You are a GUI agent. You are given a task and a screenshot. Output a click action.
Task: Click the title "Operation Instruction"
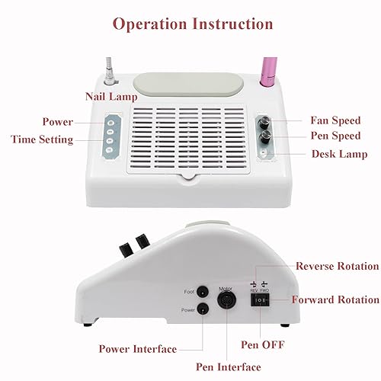[190, 23]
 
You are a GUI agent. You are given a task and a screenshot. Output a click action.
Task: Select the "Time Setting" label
[42, 139]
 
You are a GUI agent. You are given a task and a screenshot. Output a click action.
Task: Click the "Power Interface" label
[137, 349]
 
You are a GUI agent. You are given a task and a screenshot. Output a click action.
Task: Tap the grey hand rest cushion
[179, 82]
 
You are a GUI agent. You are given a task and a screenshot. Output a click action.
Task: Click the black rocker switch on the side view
[261, 300]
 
